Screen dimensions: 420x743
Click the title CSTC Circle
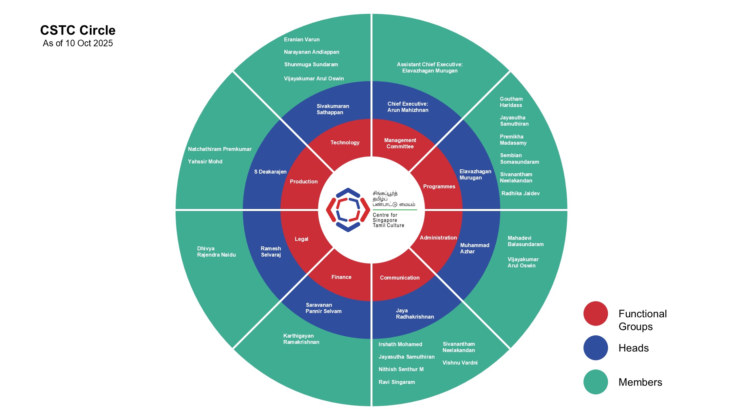(x=78, y=30)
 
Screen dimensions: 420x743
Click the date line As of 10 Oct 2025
(x=78, y=43)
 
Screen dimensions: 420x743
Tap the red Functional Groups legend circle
(x=596, y=314)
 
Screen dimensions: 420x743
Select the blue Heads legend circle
(x=596, y=348)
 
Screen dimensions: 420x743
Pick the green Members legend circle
(x=596, y=382)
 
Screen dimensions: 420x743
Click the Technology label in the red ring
(x=345, y=142)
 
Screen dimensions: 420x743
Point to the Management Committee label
(x=400, y=143)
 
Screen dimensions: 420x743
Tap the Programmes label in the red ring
(x=439, y=186)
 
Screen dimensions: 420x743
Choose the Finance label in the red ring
(x=341, y=277)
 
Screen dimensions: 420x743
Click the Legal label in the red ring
(x=301, y=239)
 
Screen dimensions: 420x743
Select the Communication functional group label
(x=400, y=278)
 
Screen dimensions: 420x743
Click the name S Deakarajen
(x=270, y=172)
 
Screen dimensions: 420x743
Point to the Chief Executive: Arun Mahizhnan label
(x=408, y=107)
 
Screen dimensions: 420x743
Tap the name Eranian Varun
(x=302, y=39)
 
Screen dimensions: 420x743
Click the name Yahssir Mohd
(x=205, y=161)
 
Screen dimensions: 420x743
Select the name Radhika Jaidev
(x=521, y=193)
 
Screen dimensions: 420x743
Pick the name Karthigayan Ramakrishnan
(x=301, y=339)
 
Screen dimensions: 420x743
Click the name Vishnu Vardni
(x=460, y=363)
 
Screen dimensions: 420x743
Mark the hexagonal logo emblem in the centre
(x=348, y=210)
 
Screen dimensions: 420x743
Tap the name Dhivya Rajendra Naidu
(x=216, y=252)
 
